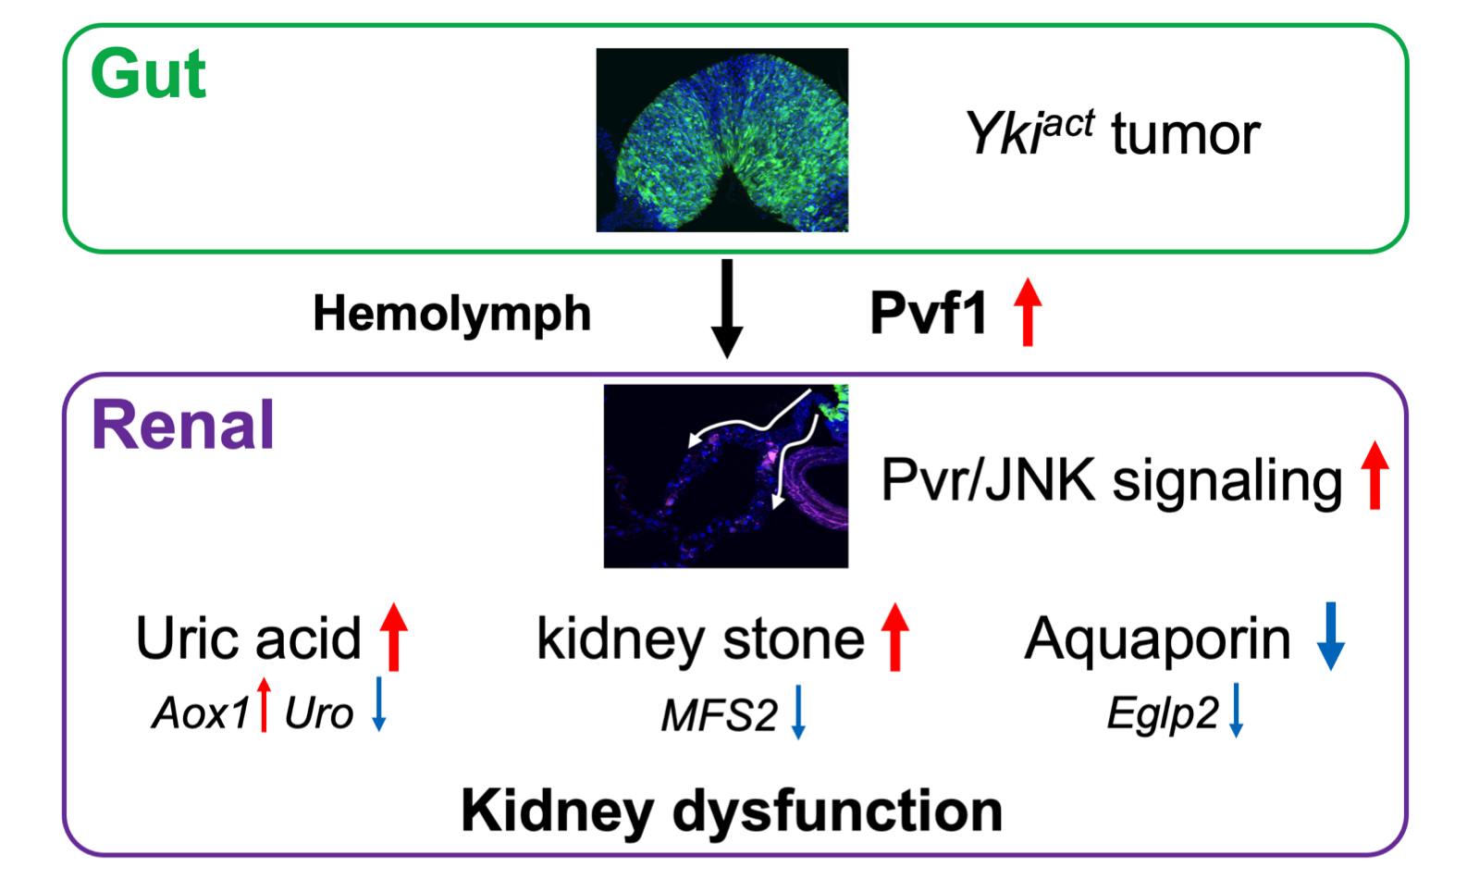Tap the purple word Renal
coord(183,426)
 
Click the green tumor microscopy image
coord(721,140)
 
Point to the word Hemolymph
coord(451,313)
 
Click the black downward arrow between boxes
coord(727,308)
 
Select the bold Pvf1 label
coord(929,313)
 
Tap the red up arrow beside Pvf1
coord(1028,313)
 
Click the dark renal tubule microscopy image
coord(725,476)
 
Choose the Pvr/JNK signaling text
coord(1111,480)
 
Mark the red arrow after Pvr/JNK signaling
coord(1375,475)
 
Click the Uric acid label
coord(248,638)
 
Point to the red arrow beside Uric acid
coord(394,637)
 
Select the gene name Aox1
coord(201,713)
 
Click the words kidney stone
coord(700,638)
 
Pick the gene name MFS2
coord(719,715)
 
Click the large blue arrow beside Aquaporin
coord(1330,636)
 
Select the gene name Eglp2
coord(1163,713)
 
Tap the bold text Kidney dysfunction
coord(732,811)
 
